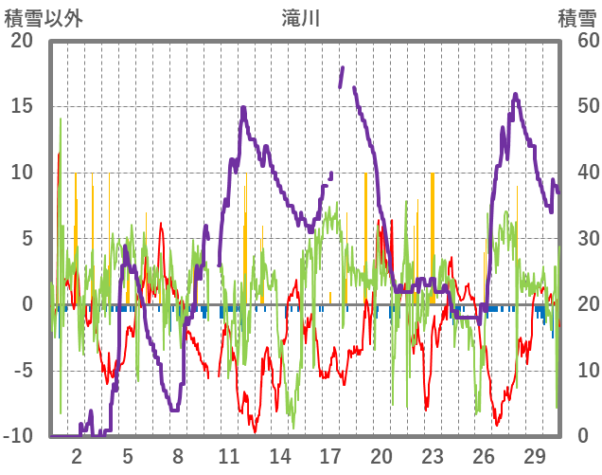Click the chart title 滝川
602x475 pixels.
301,17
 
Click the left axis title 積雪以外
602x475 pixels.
44,17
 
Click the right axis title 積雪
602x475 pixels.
576,17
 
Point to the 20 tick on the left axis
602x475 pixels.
22,41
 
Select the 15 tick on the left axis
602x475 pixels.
22,106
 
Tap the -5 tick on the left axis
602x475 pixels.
22,371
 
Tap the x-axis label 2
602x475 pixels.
78,455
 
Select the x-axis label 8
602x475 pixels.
178,455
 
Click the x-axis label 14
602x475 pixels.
279,455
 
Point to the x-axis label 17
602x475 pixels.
330,455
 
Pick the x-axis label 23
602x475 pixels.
432,455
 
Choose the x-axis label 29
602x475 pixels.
533,455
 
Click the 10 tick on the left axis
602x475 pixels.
22,173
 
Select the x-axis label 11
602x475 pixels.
229,455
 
